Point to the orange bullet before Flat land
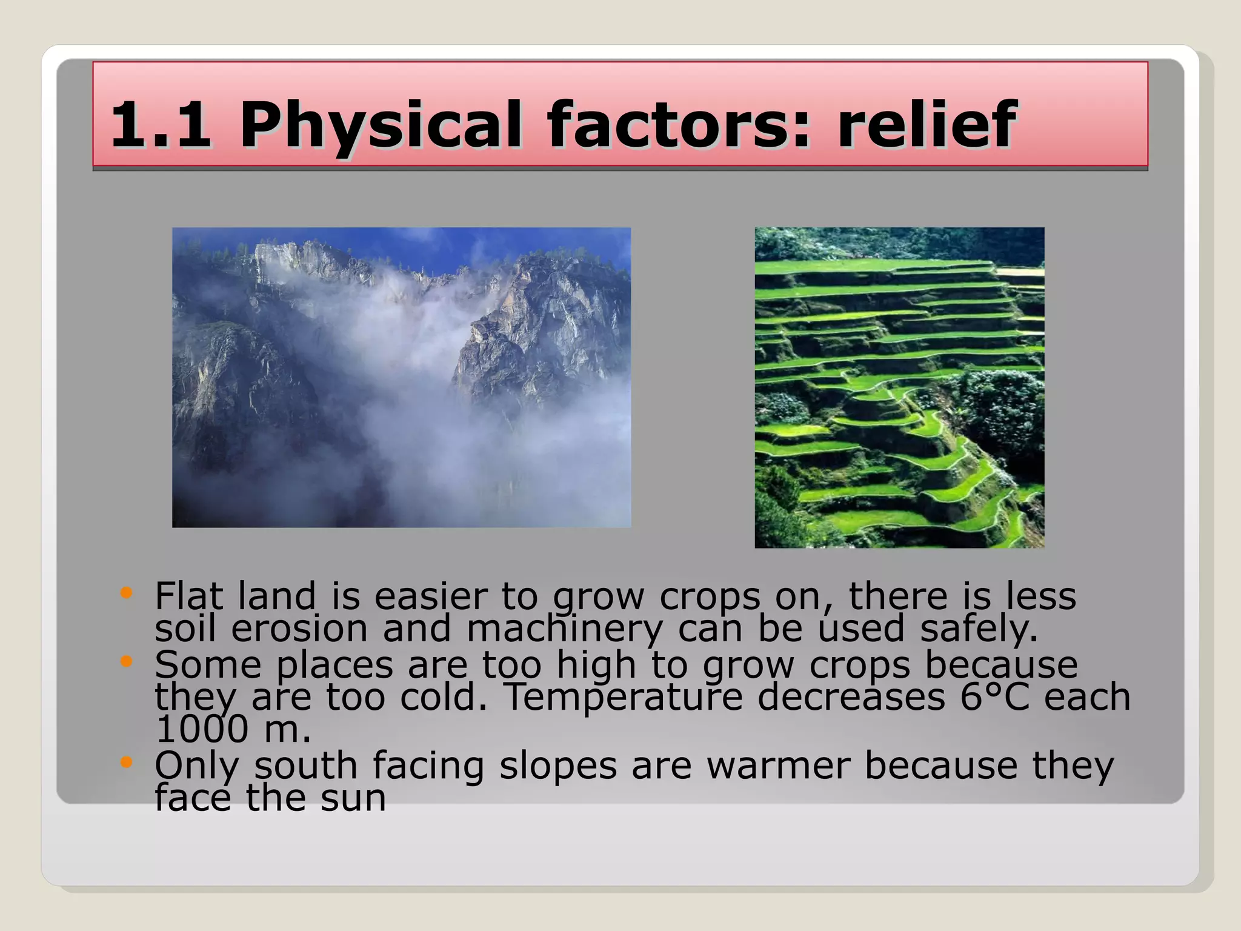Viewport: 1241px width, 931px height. point(126,592)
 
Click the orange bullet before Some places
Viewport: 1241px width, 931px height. point(126,661)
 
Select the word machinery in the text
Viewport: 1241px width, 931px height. point(564,629)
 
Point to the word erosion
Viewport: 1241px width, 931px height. point(299,629)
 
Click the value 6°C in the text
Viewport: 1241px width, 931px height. point(994,697)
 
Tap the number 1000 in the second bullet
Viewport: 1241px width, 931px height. point(202,729)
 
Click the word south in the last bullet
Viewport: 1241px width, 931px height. point(305,766)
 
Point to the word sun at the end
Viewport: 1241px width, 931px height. point(353,798)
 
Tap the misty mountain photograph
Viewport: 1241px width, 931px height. point(401,377)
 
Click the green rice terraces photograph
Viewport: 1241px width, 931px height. point(899,387)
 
